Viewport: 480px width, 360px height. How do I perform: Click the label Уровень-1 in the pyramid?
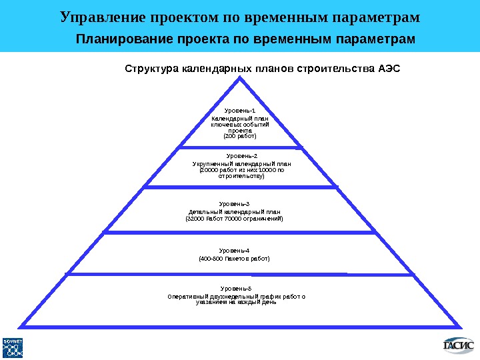point(239,111)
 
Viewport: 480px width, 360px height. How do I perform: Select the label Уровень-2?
point(242,156)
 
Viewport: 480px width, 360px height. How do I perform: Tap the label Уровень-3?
point(235,204)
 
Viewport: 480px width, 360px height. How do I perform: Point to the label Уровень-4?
point(235,250)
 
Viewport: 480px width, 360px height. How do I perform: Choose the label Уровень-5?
point(236,288)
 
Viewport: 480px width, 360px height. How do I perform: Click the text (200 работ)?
point(239,136)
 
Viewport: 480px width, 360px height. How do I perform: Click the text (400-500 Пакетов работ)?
point(235,258)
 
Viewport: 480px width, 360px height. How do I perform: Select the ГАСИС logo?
point(459,345)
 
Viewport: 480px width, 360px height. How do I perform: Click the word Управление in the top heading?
point(99,16)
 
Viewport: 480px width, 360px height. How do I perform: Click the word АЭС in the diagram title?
point(389,68)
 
